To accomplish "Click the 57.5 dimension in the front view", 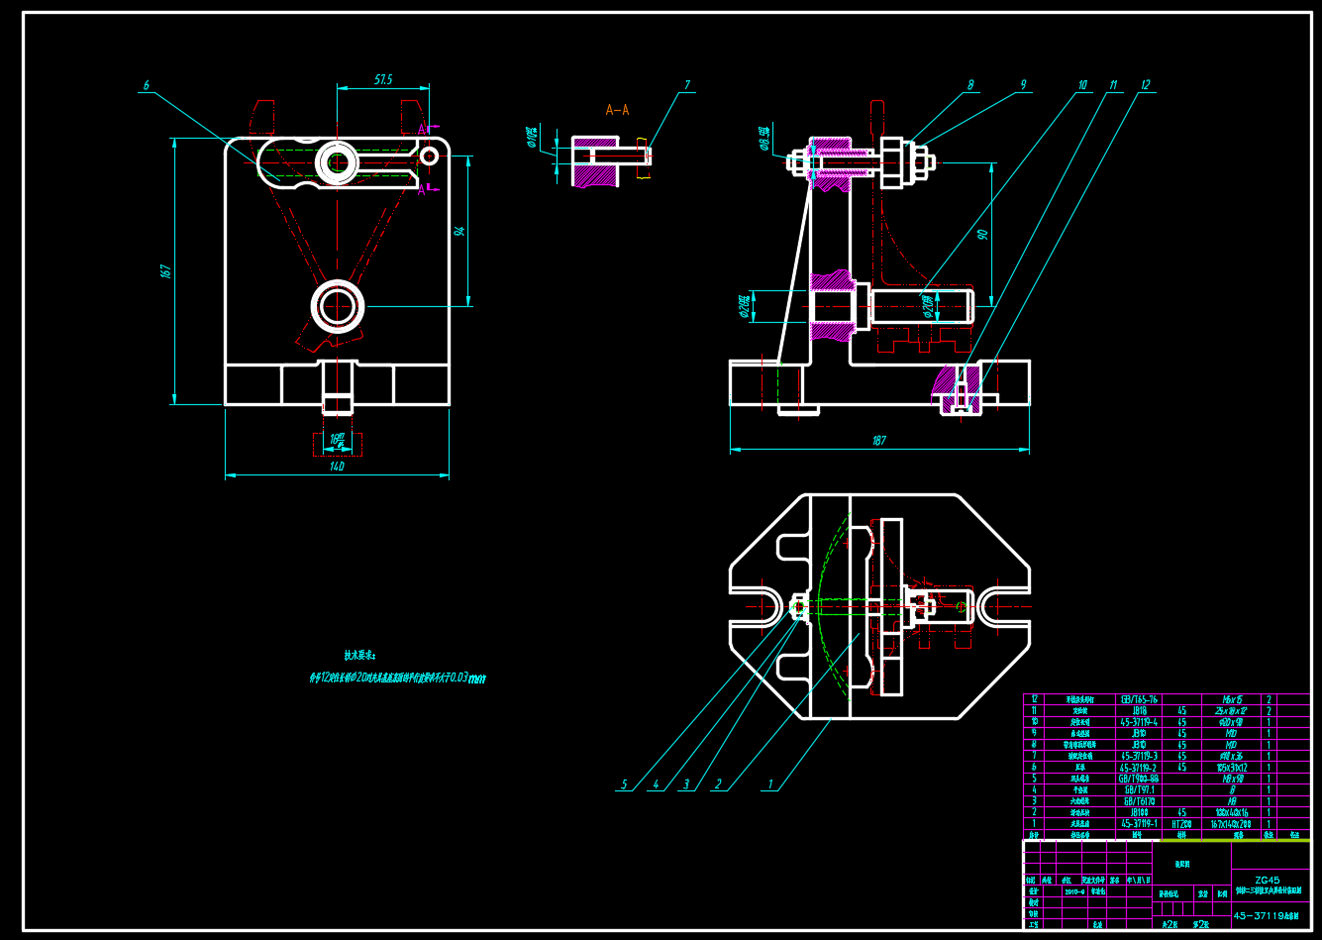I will point(383,79).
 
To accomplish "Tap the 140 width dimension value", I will point(337,467).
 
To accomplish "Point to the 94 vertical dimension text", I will point(458,231).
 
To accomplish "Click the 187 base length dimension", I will point(878,441).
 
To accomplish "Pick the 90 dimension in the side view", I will point(982,235).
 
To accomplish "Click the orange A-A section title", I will point(617,110).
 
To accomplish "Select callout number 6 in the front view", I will point(146,86).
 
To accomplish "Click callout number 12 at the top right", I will point(1146,85).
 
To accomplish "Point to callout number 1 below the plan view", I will point(770,784).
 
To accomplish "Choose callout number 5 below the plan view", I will point(624,784).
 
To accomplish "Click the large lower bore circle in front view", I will point(338,306).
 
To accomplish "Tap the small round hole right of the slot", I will point(429,156).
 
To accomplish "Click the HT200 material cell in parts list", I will point(1181,823).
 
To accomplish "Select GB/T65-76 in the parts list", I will point(1139,699).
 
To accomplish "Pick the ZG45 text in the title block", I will point(1268,880).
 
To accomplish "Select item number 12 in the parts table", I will point(1035,699).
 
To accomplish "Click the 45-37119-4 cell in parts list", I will point(1139,722).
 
